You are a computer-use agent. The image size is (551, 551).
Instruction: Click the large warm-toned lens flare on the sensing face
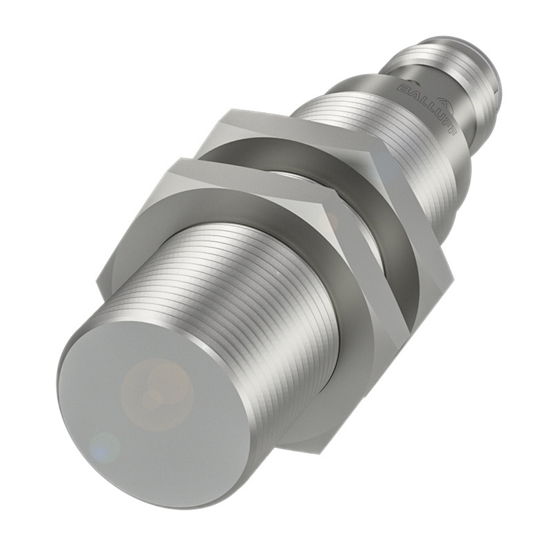(x=157, y=388)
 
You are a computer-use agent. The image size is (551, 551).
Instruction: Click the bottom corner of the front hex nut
(x=289, y=448)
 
